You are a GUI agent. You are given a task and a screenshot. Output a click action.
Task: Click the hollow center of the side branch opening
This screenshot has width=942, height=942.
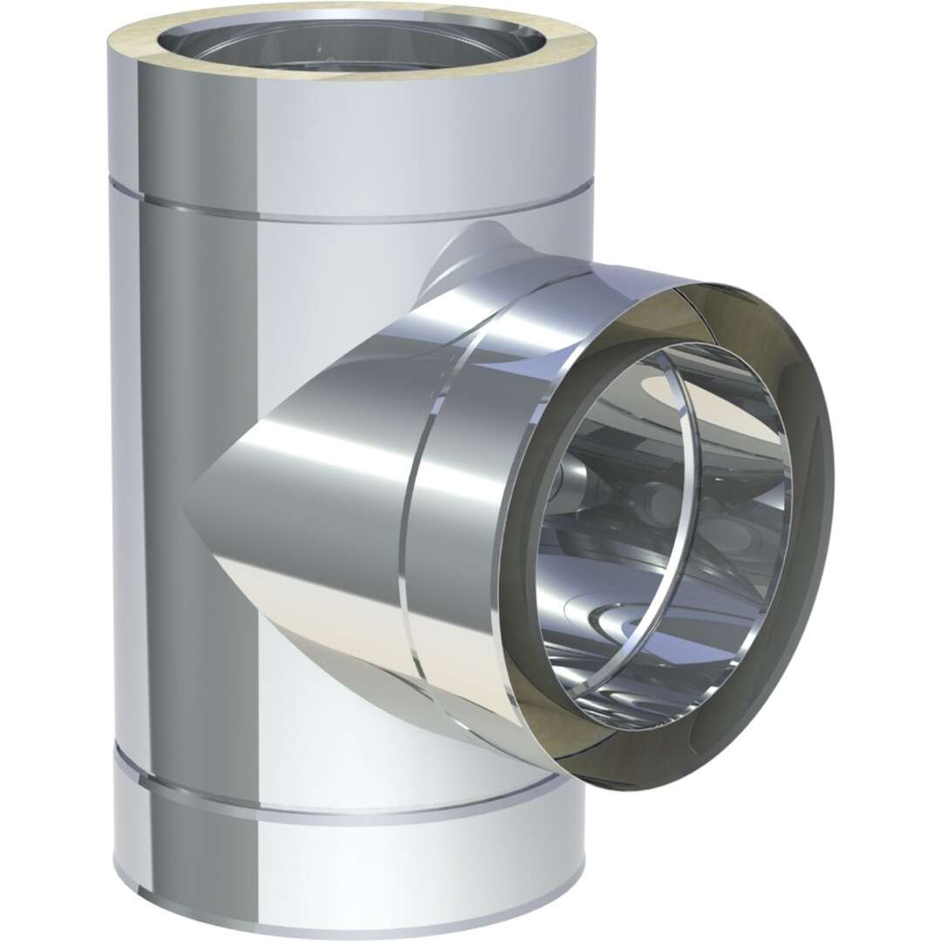[x=663, y=523]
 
